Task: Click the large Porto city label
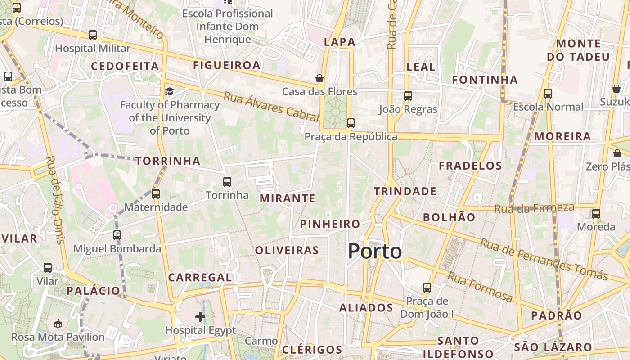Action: [x=375, y=251]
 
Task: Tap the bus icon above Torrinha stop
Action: [x=227, y=182]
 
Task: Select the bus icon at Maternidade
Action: [x=156, y=194]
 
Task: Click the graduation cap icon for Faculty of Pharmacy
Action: [x=169, y=92]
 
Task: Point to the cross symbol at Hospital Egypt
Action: [x=200, y=317]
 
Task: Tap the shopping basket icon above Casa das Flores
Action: [x=319, y=78]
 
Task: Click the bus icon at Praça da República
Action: [x=351, y=123]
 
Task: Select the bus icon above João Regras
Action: [x=408, y=96]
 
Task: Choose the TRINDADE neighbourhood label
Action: [x=405, y=191]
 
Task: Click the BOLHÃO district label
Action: [x=449, y=217]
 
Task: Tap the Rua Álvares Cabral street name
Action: [x=271, y=107]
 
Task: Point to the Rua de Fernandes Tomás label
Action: [x=544, y=259]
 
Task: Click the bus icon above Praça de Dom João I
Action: [x=427, y=287]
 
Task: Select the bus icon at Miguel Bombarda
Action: [x=117, y=235]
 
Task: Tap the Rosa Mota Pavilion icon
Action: [x=58, y=323]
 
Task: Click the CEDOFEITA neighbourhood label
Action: [x=125, y=66]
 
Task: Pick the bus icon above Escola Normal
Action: [x=548, y=94]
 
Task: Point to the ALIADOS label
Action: [x=366, y=308]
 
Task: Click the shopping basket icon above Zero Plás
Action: [x=617, y=153]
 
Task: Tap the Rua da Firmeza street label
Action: [x=534, y=208]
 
